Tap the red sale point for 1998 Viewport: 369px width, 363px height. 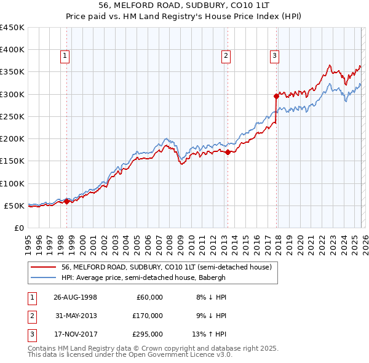pos(66,201)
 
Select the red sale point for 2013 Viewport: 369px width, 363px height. pos(228,152)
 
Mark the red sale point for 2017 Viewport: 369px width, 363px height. pos(276,96)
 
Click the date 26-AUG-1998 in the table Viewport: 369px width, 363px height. pos(74,297)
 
